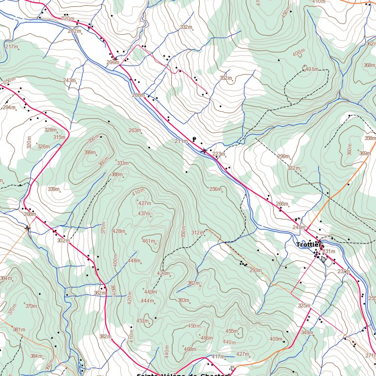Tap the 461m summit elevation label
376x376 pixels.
[148, 241]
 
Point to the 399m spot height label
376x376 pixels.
[90, 153]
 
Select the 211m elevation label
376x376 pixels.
[181, 141]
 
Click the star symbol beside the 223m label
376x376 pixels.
[204, 151]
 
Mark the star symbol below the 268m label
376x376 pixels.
[27, 228]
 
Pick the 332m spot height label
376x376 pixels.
[186, 27]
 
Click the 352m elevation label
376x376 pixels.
[225, 78]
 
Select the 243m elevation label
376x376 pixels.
[69, 80]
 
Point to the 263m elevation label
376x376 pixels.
[134, 131]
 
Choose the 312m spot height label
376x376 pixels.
[197, 233]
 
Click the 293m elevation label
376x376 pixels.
[256, 271]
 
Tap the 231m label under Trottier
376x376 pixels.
[329, 252]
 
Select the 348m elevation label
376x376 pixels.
[307, 333]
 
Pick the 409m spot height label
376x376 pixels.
[276, 339]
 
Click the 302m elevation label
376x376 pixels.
[63, 241]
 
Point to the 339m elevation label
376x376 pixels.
[53, 189]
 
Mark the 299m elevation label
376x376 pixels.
[283, 157]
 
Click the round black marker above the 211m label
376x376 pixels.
[194, 139]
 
